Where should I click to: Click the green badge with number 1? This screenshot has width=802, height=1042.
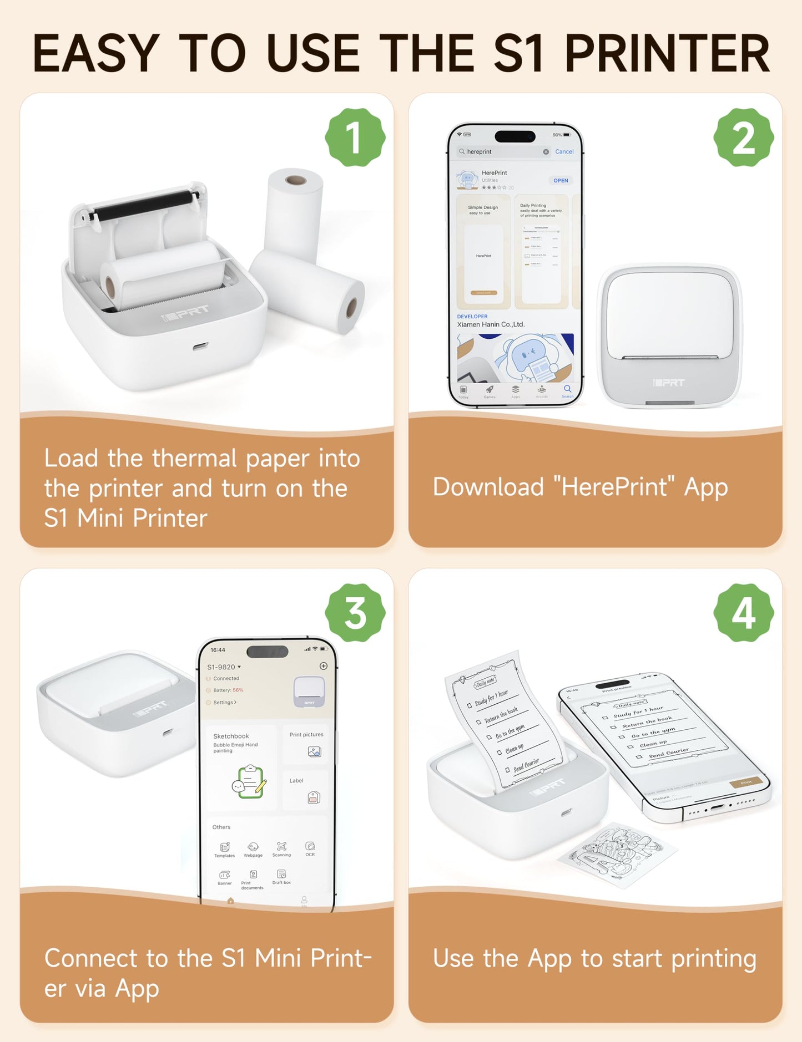point(355,138)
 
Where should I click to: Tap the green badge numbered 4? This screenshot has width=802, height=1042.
point(743,613)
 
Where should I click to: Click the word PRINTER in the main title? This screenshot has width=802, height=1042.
point(667,54)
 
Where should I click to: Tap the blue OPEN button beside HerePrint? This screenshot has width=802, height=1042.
point(561,180)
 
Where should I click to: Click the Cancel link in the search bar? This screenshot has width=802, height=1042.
point(564,151)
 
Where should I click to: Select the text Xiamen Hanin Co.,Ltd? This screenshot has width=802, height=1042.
point(491,324)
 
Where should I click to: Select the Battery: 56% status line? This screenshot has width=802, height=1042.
point(228,690)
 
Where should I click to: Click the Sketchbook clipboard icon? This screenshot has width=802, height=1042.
point(249,781)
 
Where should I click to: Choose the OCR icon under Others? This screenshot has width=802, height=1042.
point(310,847)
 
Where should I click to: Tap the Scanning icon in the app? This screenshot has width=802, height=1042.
point(281,847)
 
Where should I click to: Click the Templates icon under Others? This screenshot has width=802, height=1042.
point(225,848)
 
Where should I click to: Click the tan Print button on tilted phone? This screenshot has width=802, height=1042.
point(746,782)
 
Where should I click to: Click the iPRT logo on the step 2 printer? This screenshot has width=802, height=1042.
point(669,383)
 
